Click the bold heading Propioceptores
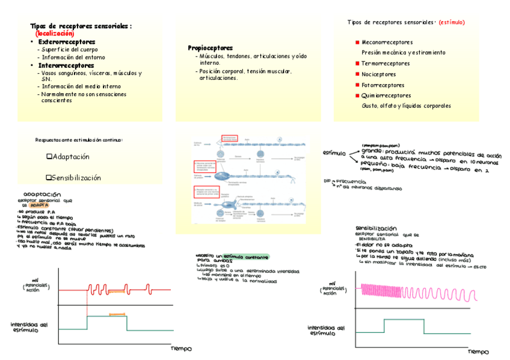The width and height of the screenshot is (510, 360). [x=210, y=47]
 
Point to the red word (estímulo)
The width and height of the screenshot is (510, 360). [x=451, y=22]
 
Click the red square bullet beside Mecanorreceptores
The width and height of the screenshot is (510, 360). [x=357, y=43]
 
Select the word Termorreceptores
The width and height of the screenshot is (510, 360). [x=386, y=64]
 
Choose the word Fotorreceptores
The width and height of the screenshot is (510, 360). [x=383, y=85]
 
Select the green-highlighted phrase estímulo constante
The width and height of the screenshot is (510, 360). [x=246, y=257]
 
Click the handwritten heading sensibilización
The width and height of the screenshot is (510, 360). [x=376, y=229]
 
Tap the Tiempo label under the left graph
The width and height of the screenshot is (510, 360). [x=181, y=348]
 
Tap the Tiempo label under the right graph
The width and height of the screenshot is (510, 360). [x=479, y=352]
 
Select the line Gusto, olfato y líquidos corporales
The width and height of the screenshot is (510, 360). [x=406, y=106]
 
